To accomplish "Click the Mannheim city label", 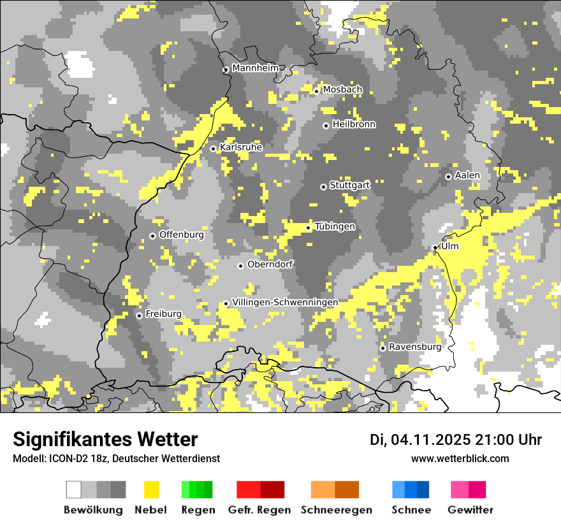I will tap(256, 68).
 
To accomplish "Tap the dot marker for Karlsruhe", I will tap(214, 149).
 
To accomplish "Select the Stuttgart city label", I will tap(350, 185).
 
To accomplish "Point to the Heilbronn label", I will tap(354, 124).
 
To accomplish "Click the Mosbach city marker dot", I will tap(316, 91).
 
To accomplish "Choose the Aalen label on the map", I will tap(467, 175).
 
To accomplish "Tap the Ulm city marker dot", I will tap(435, 247).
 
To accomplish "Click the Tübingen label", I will tap(335, 227).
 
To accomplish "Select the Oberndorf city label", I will tap(270, 264).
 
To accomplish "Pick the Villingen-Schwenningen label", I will tap(285, 302).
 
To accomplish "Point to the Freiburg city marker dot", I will tap(139, 315).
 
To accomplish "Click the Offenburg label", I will tap(182, 235).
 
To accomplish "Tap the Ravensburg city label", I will tap(415, 347).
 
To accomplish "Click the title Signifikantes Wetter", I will tap(105, 439).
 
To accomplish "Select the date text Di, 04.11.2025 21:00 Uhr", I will tap(456, 440).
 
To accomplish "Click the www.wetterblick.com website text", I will tap(460, 458).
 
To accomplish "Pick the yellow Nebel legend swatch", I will tap(152, 489).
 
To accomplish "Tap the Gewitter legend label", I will tap(470, 510).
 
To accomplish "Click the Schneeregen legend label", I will tap(336, 510).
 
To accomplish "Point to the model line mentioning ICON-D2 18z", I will tap(116, 458).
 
